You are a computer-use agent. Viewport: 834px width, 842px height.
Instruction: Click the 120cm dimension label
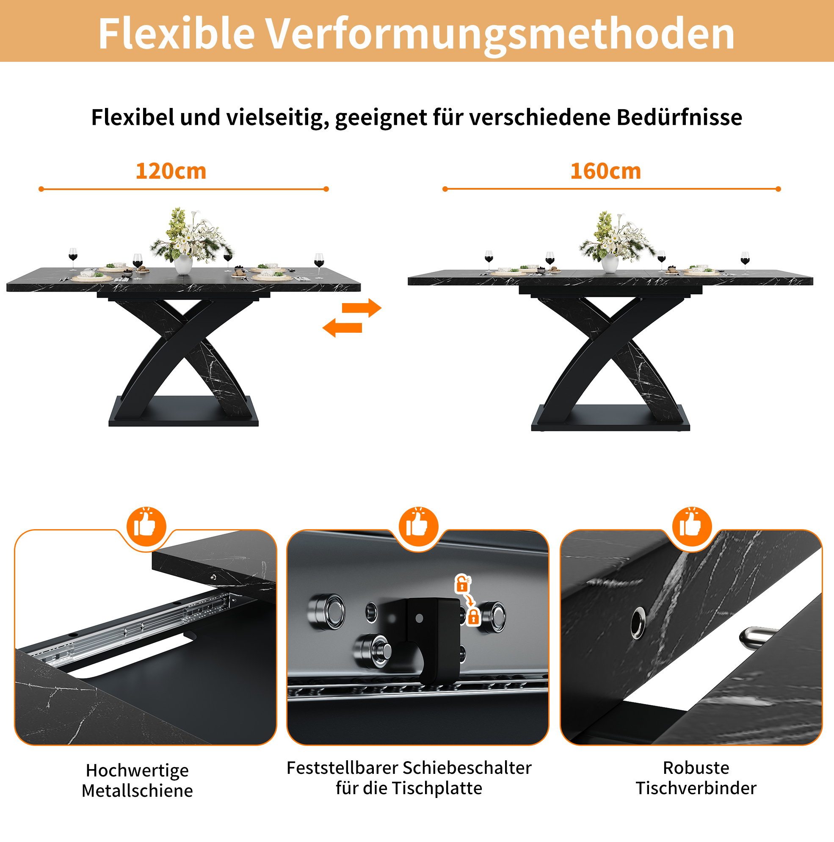pyautogui.click(x=171, y=171)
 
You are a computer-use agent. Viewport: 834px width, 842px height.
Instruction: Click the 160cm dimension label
pyautogui.click(x=606, y=171)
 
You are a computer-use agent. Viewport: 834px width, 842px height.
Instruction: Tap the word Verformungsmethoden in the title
pyautogui.click(x=500, y=34)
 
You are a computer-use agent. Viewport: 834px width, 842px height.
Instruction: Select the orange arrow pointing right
pyautogui.click(x=362, y=308)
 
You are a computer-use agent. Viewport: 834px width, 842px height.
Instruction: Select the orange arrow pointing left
pyautogui.click(x=342, y=327)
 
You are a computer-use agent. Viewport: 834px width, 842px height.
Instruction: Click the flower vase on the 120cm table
pyautogui.click(x=183, y=264)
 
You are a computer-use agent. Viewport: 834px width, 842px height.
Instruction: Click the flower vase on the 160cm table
pyautogui.click(x=610, y=263)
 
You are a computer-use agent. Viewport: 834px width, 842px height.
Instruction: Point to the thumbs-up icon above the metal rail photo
pyautogui.click(x=146, y=527)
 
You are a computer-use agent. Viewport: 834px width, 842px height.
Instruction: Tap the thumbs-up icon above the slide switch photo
pyautogui.click(x=418, y=527)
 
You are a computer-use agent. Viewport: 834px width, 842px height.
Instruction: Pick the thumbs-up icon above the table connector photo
pyautogui.click(x=692, y=527)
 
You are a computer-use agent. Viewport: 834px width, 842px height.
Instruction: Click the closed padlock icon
pyautogui.click(x=473, y=617)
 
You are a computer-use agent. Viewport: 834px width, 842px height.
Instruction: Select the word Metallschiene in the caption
pyautogui.click(x=137, y=791)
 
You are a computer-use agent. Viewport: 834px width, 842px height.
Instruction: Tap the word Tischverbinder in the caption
pyautogui.click(x=696, y=788)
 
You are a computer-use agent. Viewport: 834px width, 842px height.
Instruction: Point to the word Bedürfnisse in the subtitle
pyautogui.click(x=679, y=117)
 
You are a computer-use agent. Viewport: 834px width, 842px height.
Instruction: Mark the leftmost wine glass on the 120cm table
pyautogui.click(x=73, y=260)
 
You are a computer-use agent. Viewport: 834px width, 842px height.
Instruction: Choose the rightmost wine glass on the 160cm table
pyautogui.click(x=745, y=263)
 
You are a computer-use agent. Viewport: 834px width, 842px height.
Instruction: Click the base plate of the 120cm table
pyautogui.click(x=183, y=412)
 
